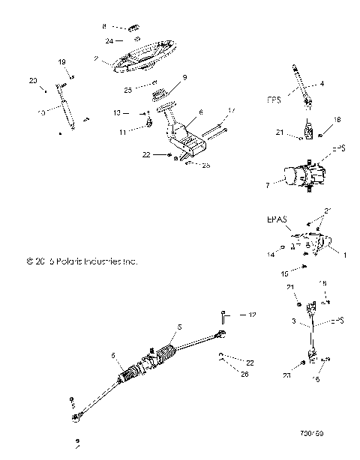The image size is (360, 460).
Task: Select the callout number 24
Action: pos(109,40)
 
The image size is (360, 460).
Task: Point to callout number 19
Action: pos(62,61)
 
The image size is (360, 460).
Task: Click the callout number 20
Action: pos(32,79)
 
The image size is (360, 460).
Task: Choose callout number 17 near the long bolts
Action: pos(232,111)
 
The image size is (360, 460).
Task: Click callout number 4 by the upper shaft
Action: pos(322,84)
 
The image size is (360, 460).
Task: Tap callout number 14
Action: pos(271,255)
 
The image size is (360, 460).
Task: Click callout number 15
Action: pos(283,274)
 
